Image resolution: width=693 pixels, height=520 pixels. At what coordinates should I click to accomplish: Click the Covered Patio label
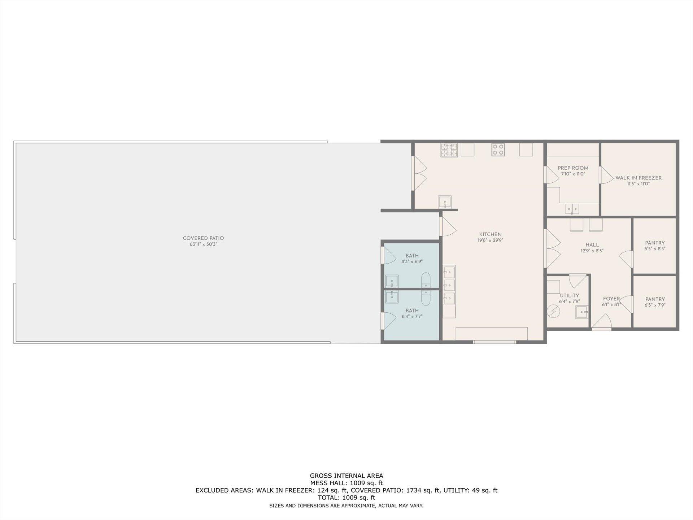(203, 238)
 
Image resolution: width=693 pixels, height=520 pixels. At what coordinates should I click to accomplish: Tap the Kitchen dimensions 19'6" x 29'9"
(490, 240)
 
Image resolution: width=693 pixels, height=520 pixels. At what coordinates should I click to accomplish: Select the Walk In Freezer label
(638, 178)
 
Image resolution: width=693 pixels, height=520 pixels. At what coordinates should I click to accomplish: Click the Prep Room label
(573, 168)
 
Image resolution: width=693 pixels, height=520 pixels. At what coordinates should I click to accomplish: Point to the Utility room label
(569, 295)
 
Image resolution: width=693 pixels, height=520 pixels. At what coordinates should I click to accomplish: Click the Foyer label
(611, 299)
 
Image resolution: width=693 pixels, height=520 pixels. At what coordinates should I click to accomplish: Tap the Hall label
(592, 244)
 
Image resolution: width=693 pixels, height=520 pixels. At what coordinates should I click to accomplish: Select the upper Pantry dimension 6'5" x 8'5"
(655, 249)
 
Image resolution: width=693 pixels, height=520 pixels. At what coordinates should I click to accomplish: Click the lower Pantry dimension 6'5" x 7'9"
(655, 305)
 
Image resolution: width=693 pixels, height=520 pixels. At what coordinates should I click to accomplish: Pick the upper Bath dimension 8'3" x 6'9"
(412, 261)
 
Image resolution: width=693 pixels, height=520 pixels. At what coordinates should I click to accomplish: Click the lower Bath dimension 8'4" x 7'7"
(412, 316)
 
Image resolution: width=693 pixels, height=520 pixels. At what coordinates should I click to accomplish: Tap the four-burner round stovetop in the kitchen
(498, 150)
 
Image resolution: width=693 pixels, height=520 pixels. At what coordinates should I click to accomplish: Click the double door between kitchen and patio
(419, 173)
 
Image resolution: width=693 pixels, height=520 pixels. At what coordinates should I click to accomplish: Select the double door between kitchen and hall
(552, 248)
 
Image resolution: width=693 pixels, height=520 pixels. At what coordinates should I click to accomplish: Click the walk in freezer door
(606, 175)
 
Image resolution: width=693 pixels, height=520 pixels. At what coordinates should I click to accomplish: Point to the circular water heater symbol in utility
(553, 311)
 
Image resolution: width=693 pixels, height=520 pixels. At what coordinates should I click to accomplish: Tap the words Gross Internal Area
(346, 476)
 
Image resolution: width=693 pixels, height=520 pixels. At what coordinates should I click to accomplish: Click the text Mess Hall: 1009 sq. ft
(346, 483)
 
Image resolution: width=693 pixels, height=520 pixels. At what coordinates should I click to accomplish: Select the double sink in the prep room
(572, 209)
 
